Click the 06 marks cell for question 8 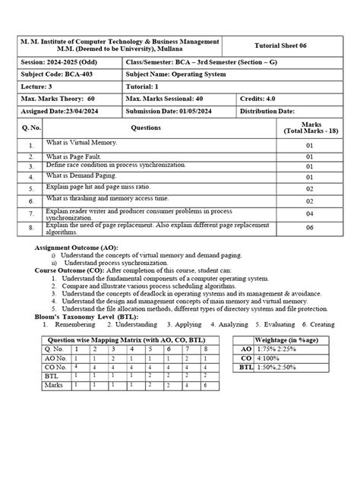click(x=310, y=227)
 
